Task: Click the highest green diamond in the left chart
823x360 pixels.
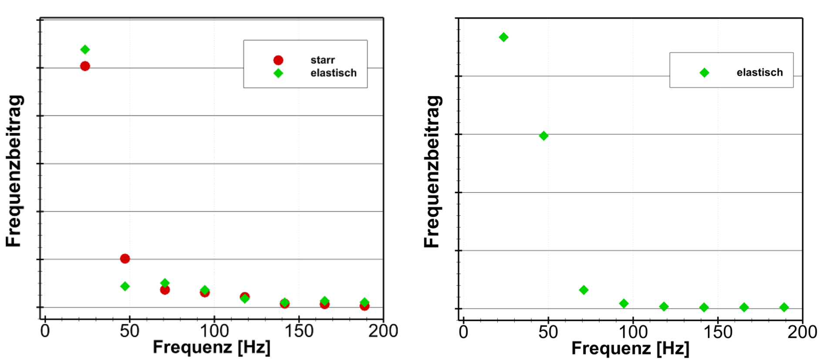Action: point(85,50)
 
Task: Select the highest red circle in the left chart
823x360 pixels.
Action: point(85,66)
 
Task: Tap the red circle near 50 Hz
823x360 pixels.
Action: point(125,259)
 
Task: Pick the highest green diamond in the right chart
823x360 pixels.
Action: point(503,37)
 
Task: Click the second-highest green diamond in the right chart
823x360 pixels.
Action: point(543,136)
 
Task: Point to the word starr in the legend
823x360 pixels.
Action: point(322,60)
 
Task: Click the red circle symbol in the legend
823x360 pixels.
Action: point(278,60)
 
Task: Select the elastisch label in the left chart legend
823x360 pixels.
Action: point(333,73)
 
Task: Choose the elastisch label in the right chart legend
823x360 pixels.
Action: point(759,72)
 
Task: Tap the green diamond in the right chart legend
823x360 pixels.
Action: point(704,73)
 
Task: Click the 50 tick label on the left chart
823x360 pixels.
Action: point(130,331)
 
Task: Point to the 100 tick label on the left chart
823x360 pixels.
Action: point(214,331)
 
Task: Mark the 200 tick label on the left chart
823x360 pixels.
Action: point(383,331)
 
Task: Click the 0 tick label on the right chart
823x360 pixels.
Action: point(463,332)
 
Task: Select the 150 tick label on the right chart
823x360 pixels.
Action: point(718,332)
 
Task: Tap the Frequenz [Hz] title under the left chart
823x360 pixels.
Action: point(212,347)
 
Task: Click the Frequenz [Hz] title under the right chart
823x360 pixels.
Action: point(630,348)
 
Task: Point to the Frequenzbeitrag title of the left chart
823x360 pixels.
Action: point(14,171)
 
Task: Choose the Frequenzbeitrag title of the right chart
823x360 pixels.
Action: point(432,172)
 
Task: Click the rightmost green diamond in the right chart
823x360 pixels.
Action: point(784,307)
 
